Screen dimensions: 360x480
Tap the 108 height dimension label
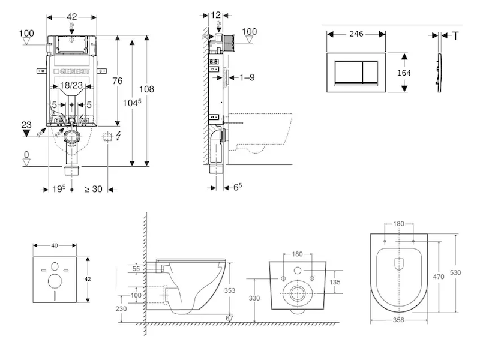tap(146, 89)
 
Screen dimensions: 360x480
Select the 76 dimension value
tap(118, 81)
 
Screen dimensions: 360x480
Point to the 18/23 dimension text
tap(71, 86)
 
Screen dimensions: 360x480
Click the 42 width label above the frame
tap(71, 17)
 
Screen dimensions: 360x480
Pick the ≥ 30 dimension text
tap(93, 189)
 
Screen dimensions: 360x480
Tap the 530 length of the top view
tap(455, 272)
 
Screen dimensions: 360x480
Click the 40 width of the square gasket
tap(55, 245)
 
